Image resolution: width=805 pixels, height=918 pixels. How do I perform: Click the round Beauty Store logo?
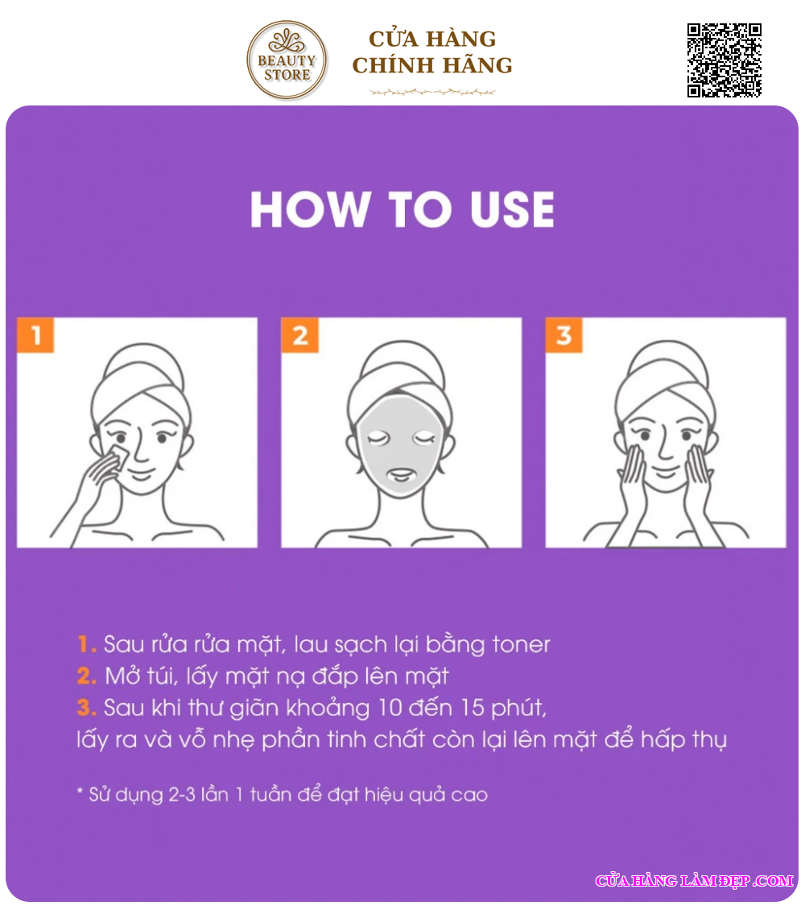point(287,60)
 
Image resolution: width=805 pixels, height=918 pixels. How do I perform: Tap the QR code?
point(724,60)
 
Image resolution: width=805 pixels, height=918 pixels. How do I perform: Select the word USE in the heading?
point(512,209)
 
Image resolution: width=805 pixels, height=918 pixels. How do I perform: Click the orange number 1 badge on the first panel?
point(35,335)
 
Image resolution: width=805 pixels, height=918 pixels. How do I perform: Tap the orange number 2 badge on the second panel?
point(299,335)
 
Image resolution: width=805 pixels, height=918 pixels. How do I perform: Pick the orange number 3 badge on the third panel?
point(563,335)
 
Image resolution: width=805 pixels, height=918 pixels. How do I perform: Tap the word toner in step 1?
point(521,644)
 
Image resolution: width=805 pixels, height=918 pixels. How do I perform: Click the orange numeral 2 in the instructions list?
point(86,676)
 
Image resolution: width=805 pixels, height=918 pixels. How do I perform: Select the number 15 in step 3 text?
point(472,708)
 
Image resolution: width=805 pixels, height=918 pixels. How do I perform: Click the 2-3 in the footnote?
point(181,795)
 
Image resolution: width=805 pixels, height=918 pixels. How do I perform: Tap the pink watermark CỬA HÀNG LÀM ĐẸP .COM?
point(695,880)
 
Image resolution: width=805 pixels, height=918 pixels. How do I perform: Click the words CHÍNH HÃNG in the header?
point(432,65)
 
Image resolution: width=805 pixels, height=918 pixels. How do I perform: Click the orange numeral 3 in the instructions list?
point(86,708)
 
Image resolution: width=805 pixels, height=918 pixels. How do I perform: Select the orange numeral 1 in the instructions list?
point(85,644)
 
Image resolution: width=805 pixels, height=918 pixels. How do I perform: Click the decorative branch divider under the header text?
point(432,92)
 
